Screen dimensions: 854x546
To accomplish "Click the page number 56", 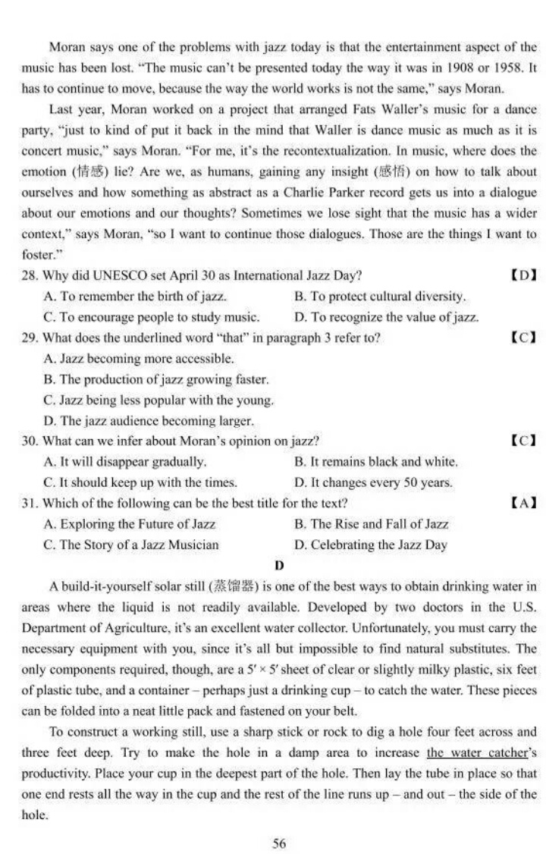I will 279,843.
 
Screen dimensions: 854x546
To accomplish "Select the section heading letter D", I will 279,565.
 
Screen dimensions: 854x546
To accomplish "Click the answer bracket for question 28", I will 523,275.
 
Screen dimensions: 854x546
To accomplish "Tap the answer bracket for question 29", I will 523,338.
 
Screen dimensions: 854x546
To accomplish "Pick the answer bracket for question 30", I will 523,441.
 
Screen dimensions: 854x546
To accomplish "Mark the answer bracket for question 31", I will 523,503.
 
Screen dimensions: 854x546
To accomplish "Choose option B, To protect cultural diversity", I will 379,297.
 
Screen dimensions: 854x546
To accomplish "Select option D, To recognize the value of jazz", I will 386,317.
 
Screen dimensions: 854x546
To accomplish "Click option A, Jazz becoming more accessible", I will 139,358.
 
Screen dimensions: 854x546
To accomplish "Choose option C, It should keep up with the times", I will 140,482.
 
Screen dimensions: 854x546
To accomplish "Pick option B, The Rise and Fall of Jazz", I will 371,524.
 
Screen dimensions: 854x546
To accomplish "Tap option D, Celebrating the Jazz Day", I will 370,545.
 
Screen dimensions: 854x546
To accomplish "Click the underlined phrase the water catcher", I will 475,753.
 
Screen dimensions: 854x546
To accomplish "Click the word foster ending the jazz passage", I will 39,255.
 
